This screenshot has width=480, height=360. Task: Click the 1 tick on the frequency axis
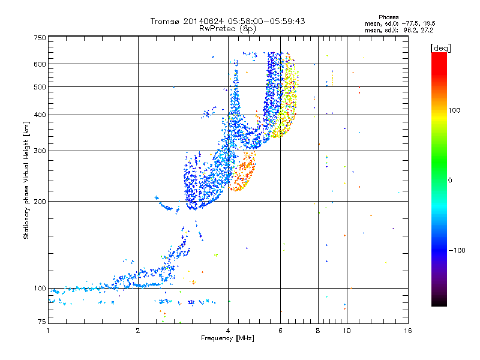coord(49,330)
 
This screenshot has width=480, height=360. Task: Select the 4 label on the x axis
coord(228,330)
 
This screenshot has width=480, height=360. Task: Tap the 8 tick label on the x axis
coord(318,330)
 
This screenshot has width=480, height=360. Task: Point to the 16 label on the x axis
coord(407,330)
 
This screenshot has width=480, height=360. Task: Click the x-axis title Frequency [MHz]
coord(227,339)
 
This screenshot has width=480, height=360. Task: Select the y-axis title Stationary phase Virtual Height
coord(26,180)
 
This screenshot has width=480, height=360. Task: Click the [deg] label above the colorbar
coord(440,47)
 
